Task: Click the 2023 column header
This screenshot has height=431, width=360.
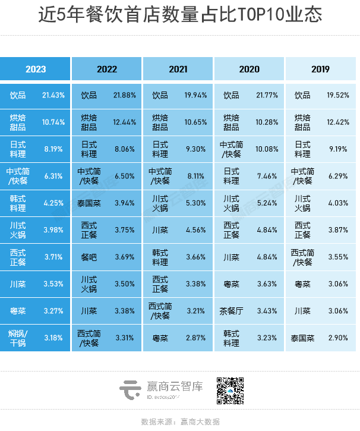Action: (x=36, y=69)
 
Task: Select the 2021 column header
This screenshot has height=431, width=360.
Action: (x=178, y=69)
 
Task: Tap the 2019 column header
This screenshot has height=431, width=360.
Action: (x=320, y=69)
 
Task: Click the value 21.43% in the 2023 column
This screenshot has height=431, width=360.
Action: (x=53, y=96)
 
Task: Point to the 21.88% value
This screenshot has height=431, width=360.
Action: (x=125, y=96)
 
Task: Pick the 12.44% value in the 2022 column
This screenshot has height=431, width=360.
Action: (x=125, y=122)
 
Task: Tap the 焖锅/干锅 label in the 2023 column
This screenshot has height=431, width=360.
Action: (x=18, y=338)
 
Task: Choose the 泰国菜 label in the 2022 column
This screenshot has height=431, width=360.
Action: (x=91, y=203)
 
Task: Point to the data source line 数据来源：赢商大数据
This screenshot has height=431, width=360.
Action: (x=180, y=421)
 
